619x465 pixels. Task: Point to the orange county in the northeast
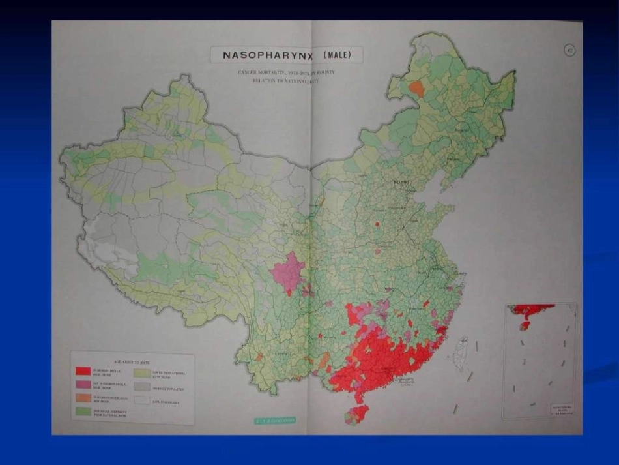click(416, 89)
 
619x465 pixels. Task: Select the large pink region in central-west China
click(287, 271)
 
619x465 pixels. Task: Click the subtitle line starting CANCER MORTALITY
click(285, 72)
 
